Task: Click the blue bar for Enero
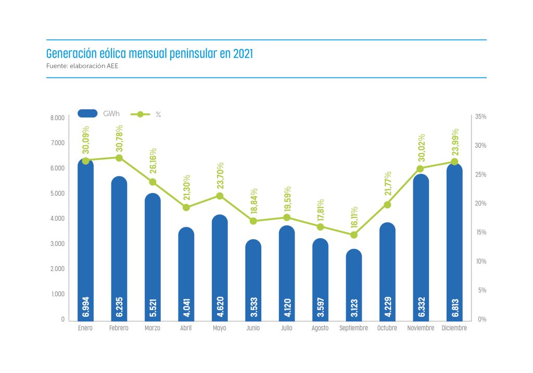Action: click(x=85, y=239)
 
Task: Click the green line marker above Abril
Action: click(x=186, y=207)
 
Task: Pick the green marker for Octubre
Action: click(x=387, y=204)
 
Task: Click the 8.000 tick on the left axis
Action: click(x=57, y=118)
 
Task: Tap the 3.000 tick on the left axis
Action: click(x=57, y=244)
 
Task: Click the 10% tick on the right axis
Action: click(x=481, y=261)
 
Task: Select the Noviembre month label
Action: click(x=421, y=328)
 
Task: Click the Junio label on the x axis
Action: click(x=253, y=328)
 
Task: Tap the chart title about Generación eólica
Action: click(x=149, y=54)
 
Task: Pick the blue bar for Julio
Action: click(x=287, y=271)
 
